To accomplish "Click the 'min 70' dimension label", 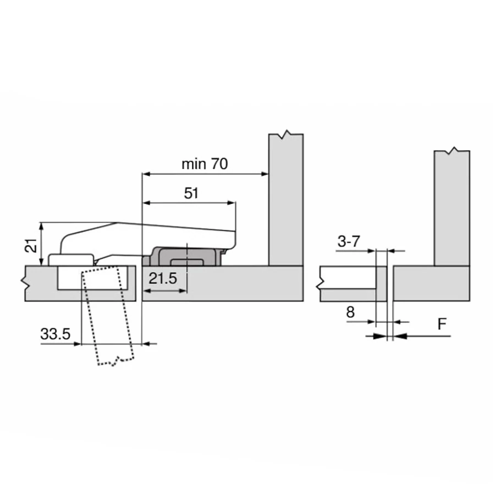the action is pyautogui.click(x=205, y=164).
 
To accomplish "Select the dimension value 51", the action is pyautogui.click(x=191, y=193).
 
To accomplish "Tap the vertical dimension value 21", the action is pyautogui.click(x=31, y=245).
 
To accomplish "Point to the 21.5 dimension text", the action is pyautogui.click(x=163, y=278).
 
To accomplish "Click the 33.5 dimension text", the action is pyautogui.click(x=55, y=334).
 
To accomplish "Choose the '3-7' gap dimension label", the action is pyautogui.click(x=349, y=241).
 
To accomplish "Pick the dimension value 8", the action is pyautogui.click(x=350, y=312).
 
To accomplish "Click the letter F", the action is pyautogui.click(x=442, y=324).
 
